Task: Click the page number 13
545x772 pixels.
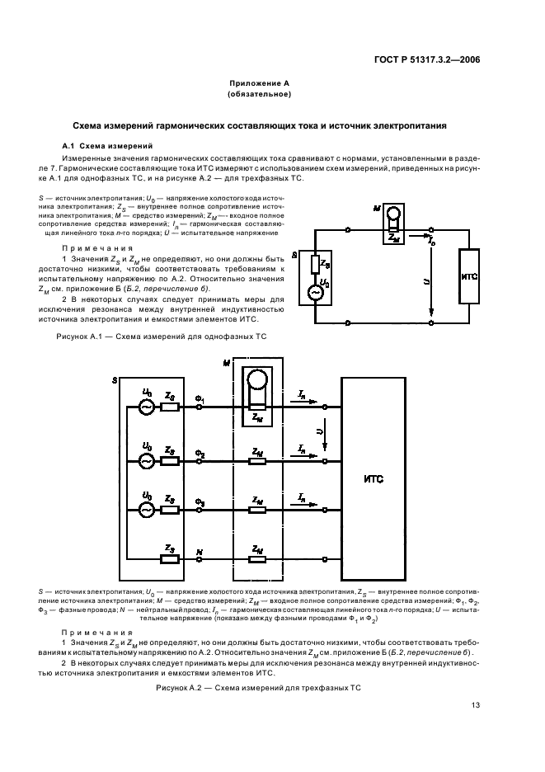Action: pos(476,704)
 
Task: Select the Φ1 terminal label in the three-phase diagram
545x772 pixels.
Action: pos(199,398)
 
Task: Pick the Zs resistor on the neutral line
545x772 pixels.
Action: pos(169,558)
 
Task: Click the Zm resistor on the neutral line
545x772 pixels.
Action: pos(258,558)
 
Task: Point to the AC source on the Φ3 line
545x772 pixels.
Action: pos(146,510)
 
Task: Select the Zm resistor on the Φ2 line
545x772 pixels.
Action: pos(258,459)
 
